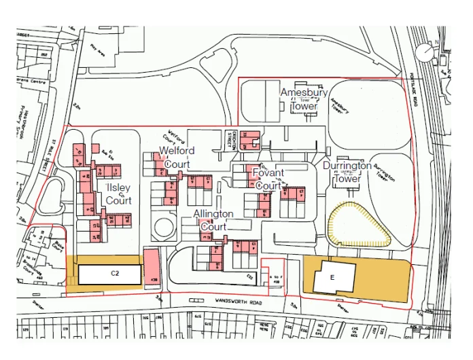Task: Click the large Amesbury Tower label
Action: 304,99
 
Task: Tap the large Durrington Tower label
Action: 347,172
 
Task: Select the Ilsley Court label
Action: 118,194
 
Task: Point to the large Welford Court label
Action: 176,157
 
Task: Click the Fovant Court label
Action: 268,179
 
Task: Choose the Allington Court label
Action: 213,220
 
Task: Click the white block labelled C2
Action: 109,274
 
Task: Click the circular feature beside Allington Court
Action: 163,228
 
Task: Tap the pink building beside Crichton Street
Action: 253,139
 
